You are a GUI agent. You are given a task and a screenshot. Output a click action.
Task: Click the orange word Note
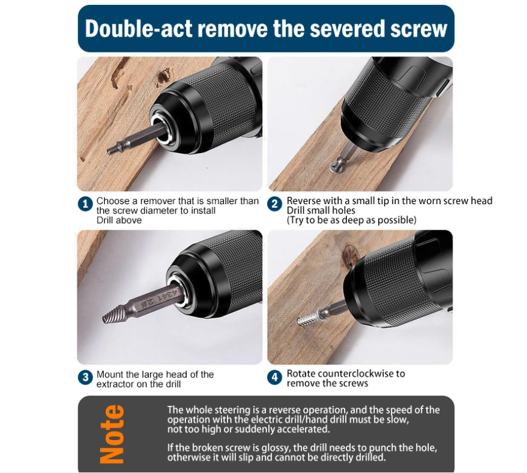[112, 433]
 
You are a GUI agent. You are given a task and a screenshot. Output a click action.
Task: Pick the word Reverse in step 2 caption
[304, 201]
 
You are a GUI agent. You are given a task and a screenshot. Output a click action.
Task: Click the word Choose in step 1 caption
[113, 201]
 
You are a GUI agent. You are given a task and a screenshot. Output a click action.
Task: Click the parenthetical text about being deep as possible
[352, 220]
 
